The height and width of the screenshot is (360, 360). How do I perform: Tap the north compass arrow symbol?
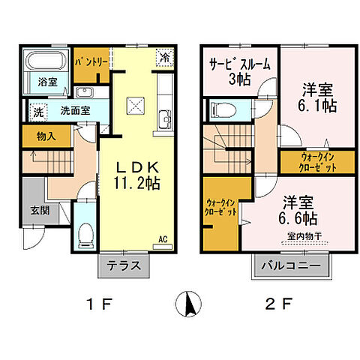pos(188,305)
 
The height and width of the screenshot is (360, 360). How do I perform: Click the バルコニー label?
pos(291,265)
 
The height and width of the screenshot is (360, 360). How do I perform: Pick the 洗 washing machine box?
pos(37,112)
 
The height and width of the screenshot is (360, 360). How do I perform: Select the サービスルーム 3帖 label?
pos(239,71)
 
